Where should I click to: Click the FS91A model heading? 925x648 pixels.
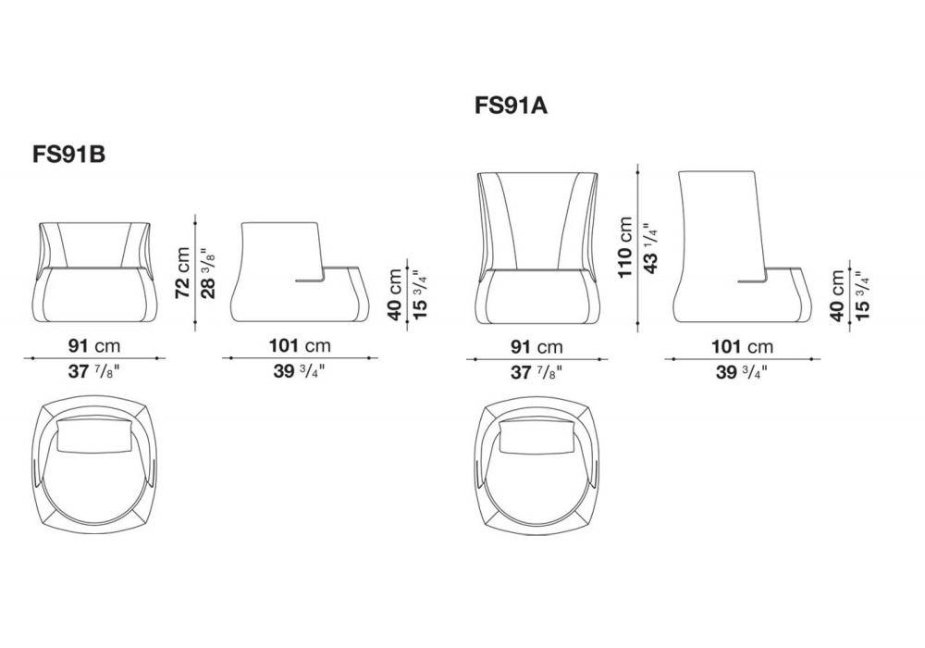click(511, 106)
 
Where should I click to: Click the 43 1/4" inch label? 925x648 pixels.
click(650, 248)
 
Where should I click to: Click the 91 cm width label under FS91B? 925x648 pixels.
click(94, 346)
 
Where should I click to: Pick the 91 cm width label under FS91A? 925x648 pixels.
click(536, 346)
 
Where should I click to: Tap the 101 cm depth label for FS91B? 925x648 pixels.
click(300, 345)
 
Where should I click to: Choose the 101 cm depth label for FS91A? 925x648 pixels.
click(742, 346)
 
